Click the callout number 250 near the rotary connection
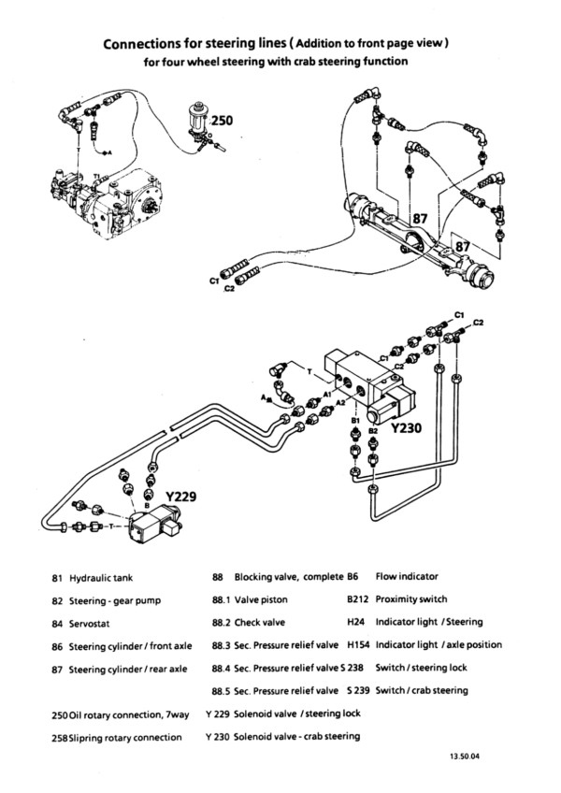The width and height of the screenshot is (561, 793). tap(222, 121)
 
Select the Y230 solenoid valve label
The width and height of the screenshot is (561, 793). tap(406, 428)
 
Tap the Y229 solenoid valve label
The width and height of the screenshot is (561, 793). tap(180, 497)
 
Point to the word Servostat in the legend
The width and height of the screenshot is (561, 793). tap(89, 624)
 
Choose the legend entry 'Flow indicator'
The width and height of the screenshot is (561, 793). tap(407, 577)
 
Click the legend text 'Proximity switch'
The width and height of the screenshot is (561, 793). tap(411, 599)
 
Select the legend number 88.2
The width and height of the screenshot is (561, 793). tap(221, 623)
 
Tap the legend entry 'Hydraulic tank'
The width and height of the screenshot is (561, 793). tap(101, 578)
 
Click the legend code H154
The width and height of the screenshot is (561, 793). tap(358, 645)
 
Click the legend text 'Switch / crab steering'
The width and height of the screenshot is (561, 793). tap(422, 691)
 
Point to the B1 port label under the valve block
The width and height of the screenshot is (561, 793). tap(355, 420)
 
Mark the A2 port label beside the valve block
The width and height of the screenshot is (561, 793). tap(341, 402)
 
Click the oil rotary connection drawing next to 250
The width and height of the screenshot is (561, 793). tap(200, 126)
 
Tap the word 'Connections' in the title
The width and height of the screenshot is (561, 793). tap(138, 44)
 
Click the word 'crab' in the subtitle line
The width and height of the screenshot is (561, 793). tap(322, 62)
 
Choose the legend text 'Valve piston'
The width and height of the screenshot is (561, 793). tap(261, 599)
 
